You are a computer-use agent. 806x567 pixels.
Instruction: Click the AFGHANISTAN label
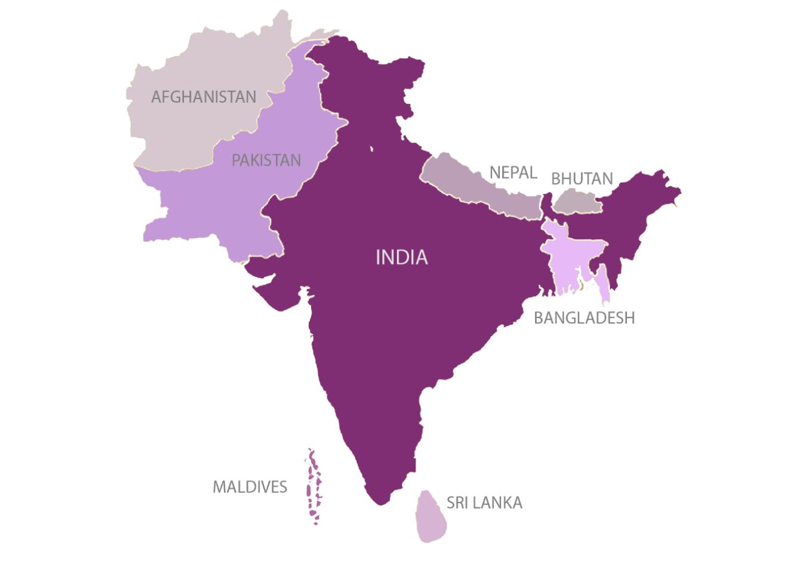tap(204, 97)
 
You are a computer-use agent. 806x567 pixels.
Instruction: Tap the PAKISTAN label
tap(266, 160)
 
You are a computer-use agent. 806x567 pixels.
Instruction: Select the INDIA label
tap(402, 257)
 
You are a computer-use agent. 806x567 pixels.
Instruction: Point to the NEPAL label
tap(513, 172)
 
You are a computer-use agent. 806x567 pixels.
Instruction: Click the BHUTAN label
tap(582, 178)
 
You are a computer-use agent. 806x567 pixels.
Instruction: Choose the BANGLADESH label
tap(584, 318)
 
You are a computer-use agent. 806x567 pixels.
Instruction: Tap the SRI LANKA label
tap(484, 503)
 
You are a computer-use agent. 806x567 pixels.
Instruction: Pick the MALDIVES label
tap(250, 487)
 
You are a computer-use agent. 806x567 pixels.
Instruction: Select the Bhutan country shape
tap(577, 202)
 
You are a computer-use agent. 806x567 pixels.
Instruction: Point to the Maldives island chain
tap(313, 486)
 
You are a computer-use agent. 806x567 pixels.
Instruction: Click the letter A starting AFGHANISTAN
tap(157, 97)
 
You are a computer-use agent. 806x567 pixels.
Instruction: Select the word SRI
tap(457, 503)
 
